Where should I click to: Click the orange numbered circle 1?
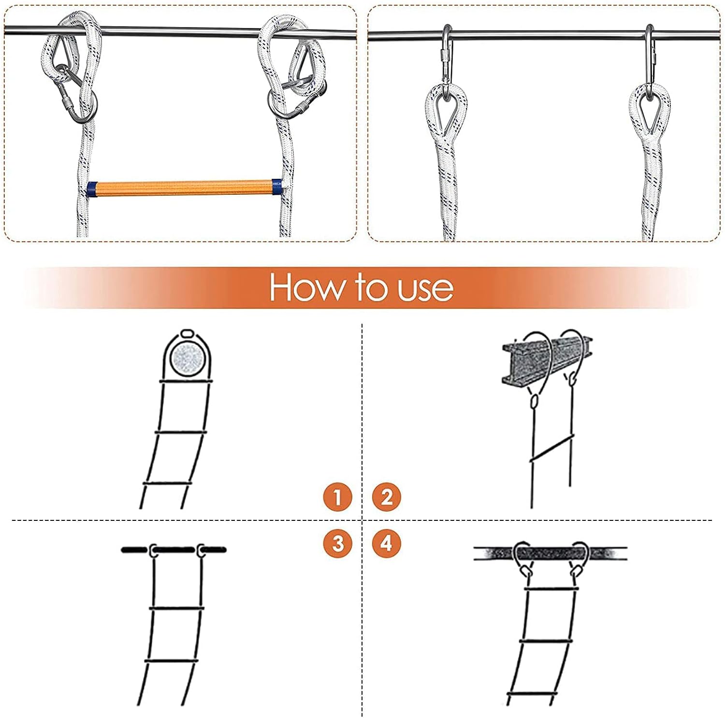[x=337, y=497]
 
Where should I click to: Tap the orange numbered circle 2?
[x=386, y=497]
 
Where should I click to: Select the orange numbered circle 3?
[x=337, y=543]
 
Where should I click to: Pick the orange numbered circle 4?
[x=386, y=543]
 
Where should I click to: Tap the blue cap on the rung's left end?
[x=92, y=189]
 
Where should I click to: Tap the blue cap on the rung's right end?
[x=277, y=187]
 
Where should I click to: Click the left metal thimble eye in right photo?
[x=446, y=110]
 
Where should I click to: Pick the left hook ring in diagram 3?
[x=153, y=550]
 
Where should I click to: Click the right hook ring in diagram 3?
[x=201, y=550]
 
